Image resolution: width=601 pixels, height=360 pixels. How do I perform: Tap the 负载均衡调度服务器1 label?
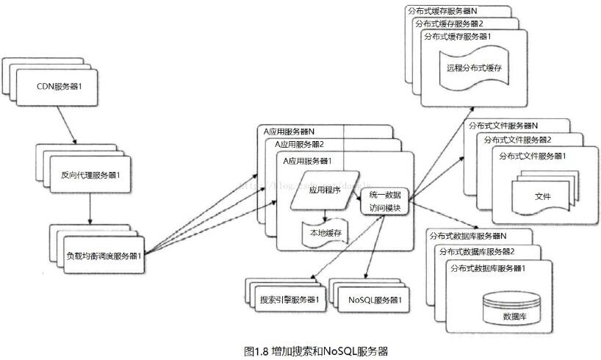[103, 255]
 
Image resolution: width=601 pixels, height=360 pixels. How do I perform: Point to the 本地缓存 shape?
[326, 233]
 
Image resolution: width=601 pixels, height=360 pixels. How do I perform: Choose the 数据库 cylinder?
[513, 309]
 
